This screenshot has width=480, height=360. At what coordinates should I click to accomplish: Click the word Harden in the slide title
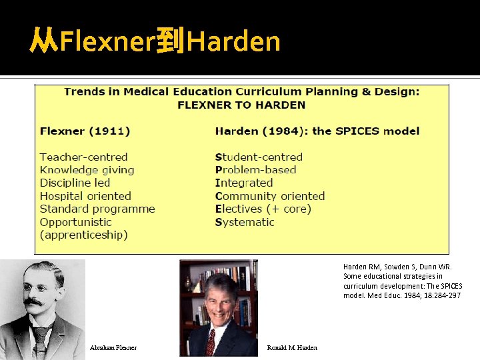(233, 42)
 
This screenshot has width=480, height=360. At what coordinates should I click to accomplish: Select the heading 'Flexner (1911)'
(85, 131)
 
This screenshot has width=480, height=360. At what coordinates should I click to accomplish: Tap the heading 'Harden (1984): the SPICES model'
(317, 131)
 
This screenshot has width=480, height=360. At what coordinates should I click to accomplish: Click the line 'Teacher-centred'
(83, 157)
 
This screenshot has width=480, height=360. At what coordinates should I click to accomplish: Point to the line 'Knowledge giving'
(87, 170)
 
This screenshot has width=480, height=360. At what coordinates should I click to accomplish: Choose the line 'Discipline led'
(75, 183)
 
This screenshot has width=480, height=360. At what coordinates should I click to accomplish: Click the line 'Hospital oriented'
(85, 196)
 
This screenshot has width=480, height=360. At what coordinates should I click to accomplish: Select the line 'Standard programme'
(97, 209)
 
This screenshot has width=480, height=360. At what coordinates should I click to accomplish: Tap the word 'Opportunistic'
(75, 222)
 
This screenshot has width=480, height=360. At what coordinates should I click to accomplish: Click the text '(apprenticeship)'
(83, 235)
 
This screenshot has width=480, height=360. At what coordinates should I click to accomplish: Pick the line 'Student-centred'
(259, 157)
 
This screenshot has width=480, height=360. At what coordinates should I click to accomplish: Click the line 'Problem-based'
(256, 170)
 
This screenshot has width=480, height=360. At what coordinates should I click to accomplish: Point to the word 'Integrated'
(244, 183)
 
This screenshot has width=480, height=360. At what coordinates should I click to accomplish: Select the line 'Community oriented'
(270, 196)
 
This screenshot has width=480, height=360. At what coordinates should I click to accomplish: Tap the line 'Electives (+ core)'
(263, 209)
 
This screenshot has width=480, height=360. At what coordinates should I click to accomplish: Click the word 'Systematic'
(245, 222)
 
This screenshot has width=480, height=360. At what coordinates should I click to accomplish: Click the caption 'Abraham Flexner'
(113, 348)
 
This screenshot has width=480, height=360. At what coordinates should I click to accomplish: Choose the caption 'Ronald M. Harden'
(292, 348)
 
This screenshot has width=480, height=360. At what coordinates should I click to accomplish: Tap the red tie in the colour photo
(211, 342)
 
